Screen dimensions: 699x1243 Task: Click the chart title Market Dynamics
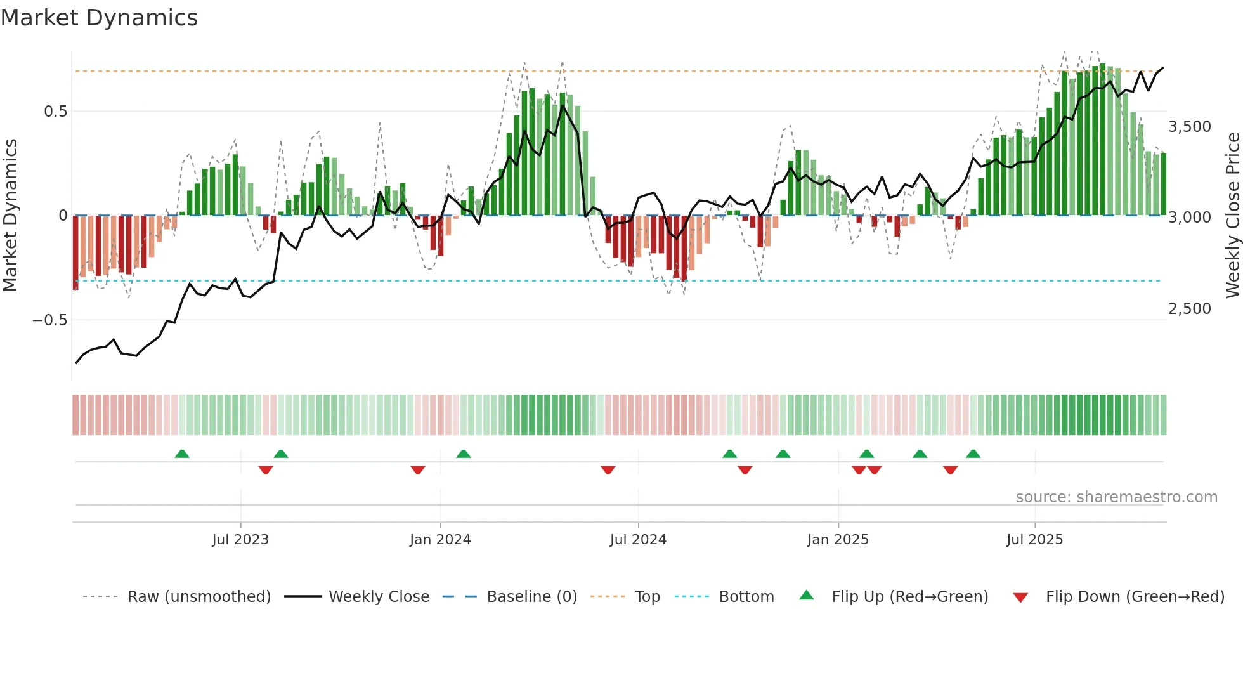tap(100, 18)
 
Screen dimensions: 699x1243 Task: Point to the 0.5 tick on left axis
tap(55, 112)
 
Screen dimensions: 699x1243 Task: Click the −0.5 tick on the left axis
tap(50, 320)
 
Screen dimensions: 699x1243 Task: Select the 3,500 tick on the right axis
tap(1189, 127)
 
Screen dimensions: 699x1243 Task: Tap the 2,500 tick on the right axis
tap(1189, 309)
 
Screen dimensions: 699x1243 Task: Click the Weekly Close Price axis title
tap(1232, 216)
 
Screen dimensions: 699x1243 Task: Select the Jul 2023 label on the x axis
tap(240, 540)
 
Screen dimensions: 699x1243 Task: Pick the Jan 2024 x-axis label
tap(440, 540)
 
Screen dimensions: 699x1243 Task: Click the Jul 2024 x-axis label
tap(638, 540)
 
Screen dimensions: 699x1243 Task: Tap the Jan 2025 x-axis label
tap(838, 540)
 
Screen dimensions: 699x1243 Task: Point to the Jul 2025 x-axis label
tap(1034, 540)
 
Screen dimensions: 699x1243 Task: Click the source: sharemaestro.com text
tap(1116, 497)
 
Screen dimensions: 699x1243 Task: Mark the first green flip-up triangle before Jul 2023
tap(182, 454)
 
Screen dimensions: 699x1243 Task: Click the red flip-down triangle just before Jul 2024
tap(608, 470)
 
